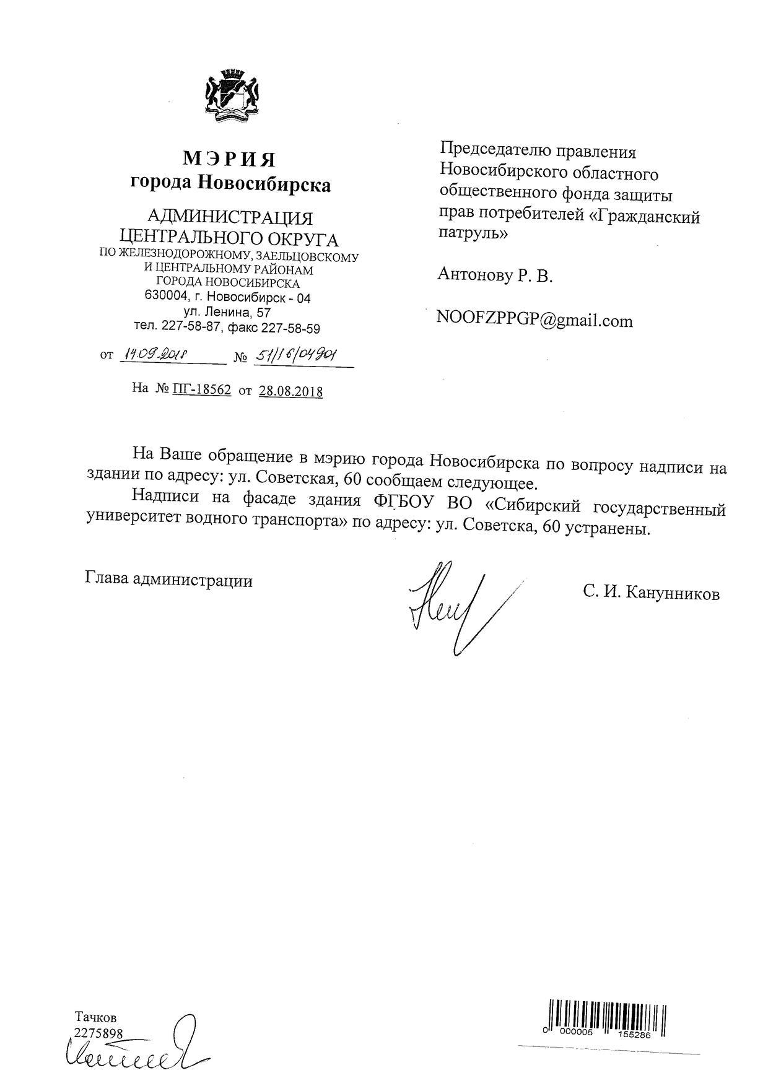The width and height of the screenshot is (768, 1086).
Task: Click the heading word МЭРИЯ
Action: (x=229, y=159)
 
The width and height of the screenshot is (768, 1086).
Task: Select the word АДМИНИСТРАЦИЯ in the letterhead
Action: (x=230, y=218)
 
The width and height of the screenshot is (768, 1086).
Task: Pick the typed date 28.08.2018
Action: (x=290, y=391)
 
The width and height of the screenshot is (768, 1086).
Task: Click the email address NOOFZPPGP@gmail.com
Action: (x=535, y=321)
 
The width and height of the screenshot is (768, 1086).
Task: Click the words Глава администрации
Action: (x=168, y=580)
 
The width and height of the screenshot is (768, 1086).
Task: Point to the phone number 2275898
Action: (x=98, y=1032)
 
